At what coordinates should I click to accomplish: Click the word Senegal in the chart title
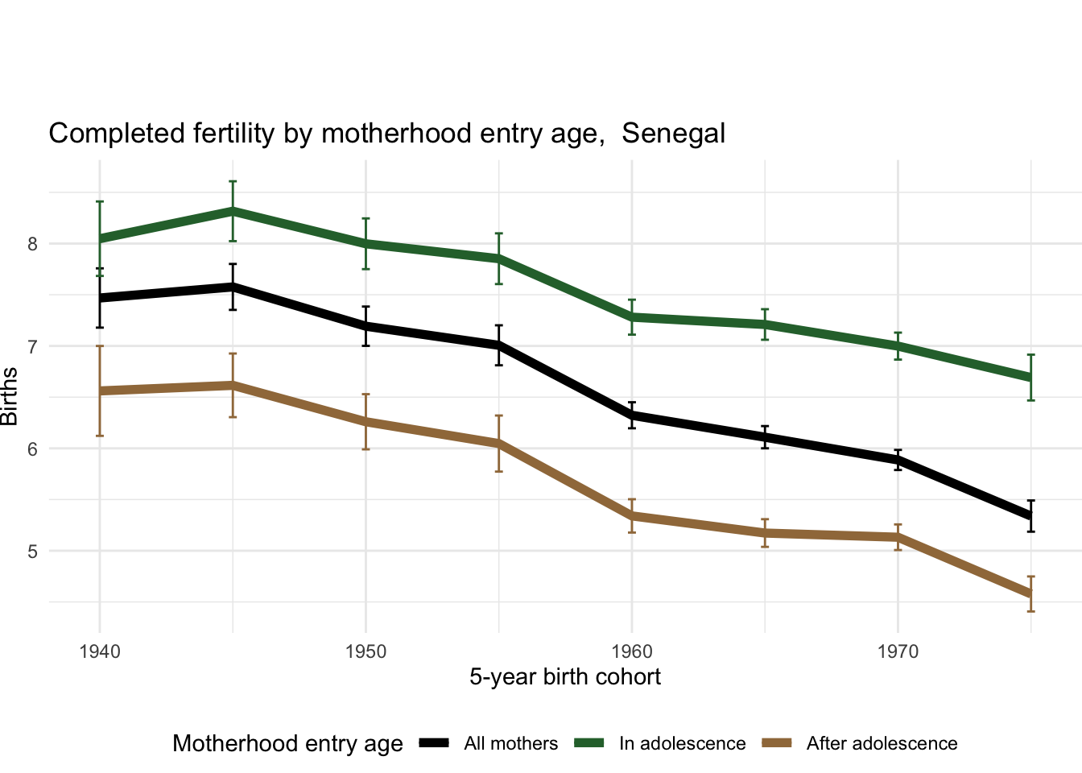click(x=673, y=134)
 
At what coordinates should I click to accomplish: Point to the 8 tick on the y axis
click(x=33, y=244)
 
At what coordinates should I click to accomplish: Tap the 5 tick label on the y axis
click(x=33, y=552)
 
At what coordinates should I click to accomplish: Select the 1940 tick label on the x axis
click(x=100, y=651)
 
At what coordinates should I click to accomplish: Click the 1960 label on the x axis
click(x=632, y=651)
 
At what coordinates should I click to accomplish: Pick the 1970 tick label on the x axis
click(x=898, y=651)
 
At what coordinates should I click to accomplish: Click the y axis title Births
click(x=10, y=396)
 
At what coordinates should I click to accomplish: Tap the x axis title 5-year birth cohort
click(x=565, y=677)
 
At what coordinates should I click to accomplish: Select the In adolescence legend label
click(x=682, y=744)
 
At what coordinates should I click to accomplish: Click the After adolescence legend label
click(x=882, y=744)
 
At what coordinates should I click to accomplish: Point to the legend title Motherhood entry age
click(x=287, y=744)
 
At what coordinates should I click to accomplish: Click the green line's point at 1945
click(x=233, y=211)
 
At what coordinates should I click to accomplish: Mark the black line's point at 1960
click(x=632, y=415)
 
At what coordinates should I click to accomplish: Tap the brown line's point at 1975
click(x=1030, y=594)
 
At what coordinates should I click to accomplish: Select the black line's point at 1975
click(x=1030, y=516)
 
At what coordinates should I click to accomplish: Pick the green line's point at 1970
click(x=898, y=346)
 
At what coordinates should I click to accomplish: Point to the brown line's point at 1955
click(x=499, y=443)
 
